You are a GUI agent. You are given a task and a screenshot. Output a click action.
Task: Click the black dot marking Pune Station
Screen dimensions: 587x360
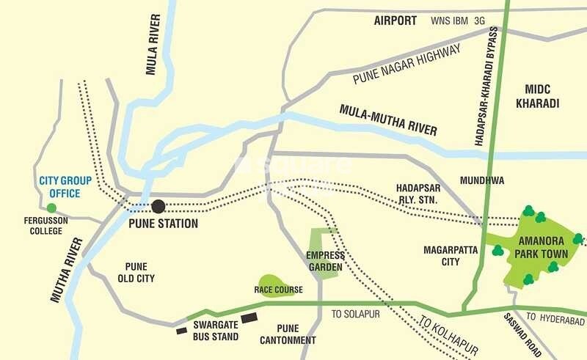pos(158,206)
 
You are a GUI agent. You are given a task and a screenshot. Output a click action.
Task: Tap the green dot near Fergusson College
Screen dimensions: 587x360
pos(51,208)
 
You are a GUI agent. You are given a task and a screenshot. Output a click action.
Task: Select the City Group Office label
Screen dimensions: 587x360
pos(60,186)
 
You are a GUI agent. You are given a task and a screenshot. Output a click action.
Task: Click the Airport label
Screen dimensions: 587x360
pos(395,21)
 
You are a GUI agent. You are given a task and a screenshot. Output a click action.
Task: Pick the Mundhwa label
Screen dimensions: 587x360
pos(481,180)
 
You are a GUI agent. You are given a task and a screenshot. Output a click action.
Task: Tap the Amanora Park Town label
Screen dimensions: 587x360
pos(541,247)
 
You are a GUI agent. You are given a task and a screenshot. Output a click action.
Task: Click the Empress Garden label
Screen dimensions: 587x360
pos(324,261)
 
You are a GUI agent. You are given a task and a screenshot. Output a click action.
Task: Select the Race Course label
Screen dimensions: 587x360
pos(278,290)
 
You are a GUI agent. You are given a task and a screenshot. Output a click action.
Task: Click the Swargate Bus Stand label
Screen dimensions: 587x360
pos(216,331)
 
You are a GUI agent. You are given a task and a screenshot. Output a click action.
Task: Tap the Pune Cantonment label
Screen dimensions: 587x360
pos(288,334)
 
